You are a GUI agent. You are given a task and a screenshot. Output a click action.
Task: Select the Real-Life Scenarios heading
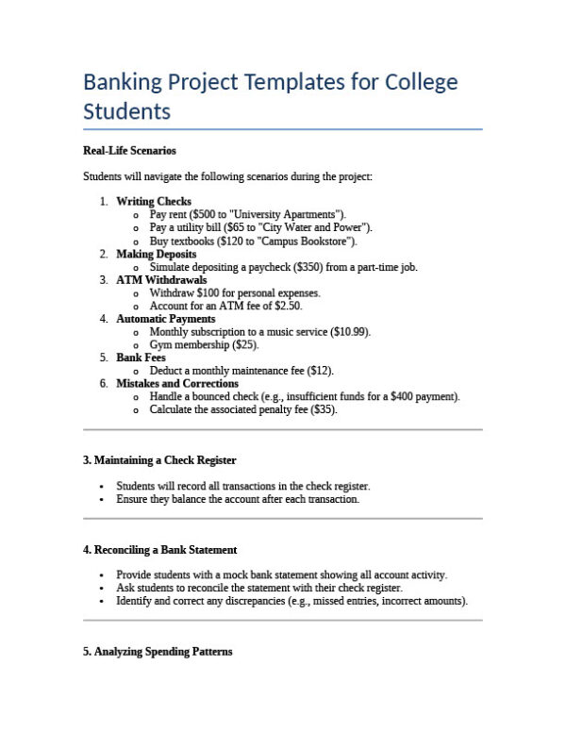coord(129,150)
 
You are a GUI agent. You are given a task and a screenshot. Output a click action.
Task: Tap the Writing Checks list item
coord(154,201)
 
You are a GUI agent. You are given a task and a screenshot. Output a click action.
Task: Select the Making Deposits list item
coord(157,254)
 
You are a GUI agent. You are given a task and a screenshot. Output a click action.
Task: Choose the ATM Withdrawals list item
coord(161,280)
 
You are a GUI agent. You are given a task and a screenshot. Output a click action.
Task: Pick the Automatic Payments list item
coord(165,319)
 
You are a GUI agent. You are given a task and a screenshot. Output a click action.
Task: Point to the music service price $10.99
coord(350,332)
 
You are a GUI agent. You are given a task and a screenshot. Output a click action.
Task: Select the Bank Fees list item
coord(141,358)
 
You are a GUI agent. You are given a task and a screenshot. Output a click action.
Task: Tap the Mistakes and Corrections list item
coord(176,384)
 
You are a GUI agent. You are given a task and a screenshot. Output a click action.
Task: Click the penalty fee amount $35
coord(323,410)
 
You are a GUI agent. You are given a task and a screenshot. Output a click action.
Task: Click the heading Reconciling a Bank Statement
coord(159,549)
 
